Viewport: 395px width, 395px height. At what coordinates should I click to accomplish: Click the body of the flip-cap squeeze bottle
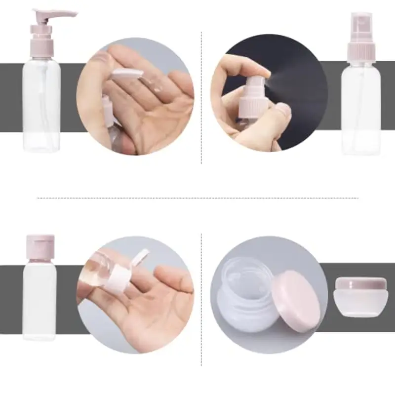click(x=39, y=301)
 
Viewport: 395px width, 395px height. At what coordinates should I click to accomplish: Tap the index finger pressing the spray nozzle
click(x=252, y=67)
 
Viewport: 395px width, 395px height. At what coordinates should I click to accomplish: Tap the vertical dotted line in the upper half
click(x=201, y=99)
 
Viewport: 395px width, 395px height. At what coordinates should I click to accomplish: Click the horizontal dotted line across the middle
click(x=197, y=198)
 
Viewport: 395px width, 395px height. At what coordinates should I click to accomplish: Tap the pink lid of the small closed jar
click(x=360, y=283)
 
